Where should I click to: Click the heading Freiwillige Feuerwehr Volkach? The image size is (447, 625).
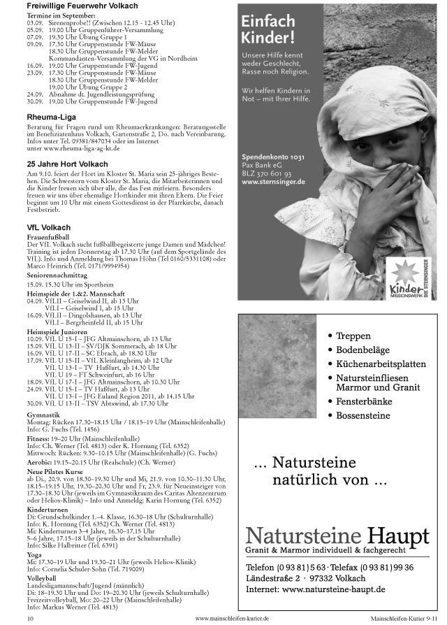[x=82, y=6]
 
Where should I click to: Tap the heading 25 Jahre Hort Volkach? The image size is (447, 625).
[x=67, y=164]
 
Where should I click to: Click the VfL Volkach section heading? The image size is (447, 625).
[x=48, y=227]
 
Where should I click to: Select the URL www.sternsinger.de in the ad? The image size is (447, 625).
[x=273, y=182]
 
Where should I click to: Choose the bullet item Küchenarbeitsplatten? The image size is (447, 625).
[x=381, y=364]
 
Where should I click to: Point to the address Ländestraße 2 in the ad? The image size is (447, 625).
[x=276, y=578]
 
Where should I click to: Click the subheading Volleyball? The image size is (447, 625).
[x=41, y=579]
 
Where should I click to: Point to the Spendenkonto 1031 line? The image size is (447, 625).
[x=273, y=157]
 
